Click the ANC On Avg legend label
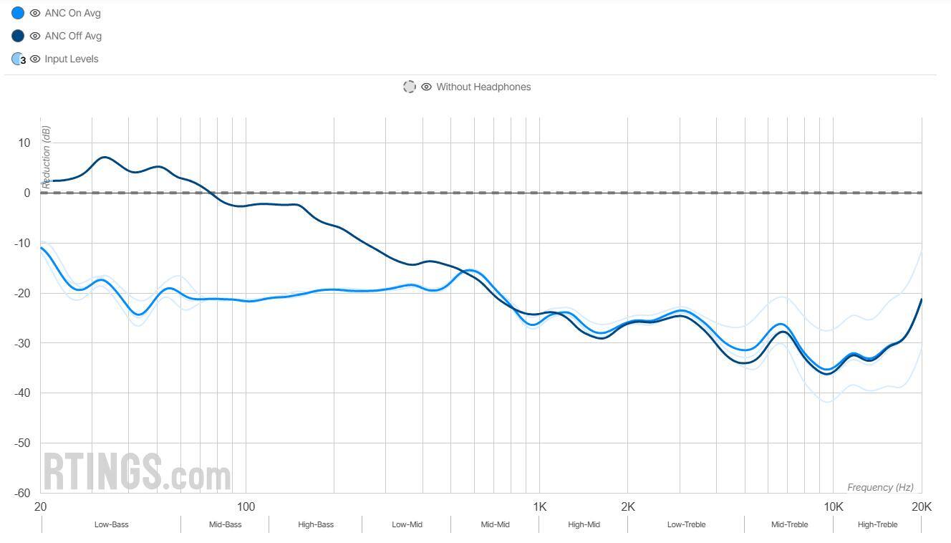[x=72, y=13]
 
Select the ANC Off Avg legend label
[x=73, y=36]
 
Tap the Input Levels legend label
[x=71, y=59]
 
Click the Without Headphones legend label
[x=483, y=87]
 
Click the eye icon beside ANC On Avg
[x=34, y=13]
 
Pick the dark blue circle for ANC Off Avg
[x=18, y=36]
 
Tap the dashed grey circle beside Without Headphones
[x=409, y=87]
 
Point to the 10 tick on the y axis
[x=25, y=143]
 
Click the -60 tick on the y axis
[x=22, y=493]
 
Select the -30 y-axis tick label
[x=22, y=343]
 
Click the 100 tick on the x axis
[x=246, y=507]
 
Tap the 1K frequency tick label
[x=539, y=507]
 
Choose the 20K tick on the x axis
[x=921, y=507]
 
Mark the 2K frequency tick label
[x=627, y=507]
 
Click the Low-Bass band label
[x=111, y=524]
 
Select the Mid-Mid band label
[x=495, y=524]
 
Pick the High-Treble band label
[x=877, y=524]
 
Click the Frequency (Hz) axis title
[x=880, y=487]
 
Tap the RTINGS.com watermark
[x=137, y=472]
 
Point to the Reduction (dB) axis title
[x=47, y=157]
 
